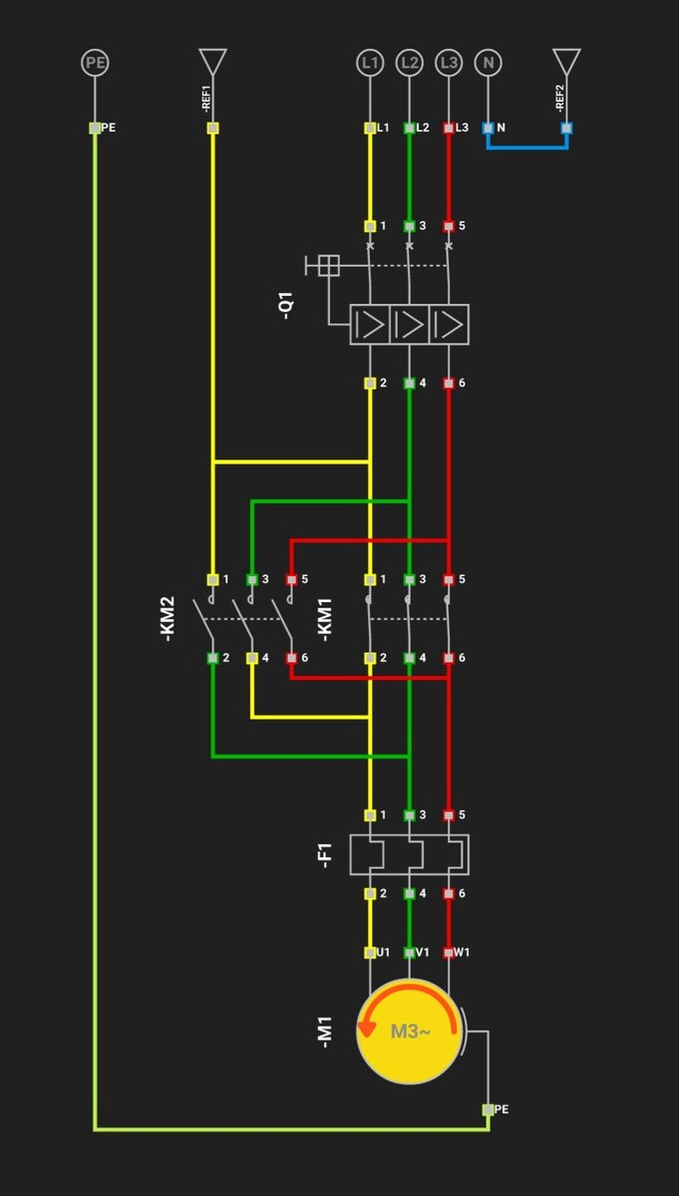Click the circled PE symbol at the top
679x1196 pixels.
[95, 64]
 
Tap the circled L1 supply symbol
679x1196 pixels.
[370, 64]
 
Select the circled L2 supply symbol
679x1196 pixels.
[409, 64]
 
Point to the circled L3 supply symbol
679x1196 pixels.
[449, 64]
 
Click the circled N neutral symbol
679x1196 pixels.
[488, 64]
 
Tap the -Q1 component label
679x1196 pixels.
[286, 305]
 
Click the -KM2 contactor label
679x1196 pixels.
[168, 618]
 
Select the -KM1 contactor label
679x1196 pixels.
[324, 618]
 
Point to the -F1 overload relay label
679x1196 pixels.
[325, 855]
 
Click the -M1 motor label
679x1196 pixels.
[325, 1032]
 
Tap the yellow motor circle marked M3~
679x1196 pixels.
[409, 1032]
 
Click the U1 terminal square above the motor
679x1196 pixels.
[370, 953]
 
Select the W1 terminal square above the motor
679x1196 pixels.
[449, 953]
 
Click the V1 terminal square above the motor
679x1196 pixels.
[409, 953]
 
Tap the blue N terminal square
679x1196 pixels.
[488, 128]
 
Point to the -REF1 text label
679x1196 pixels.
[206, 99]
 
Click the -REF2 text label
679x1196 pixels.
[560, 99]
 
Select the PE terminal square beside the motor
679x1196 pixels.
[489, 1109]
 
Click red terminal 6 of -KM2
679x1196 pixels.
[291, 658]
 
